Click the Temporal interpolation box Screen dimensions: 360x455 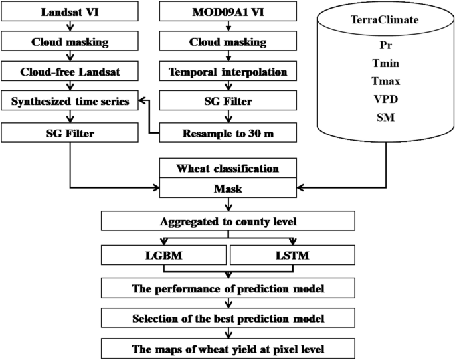pos(228,72)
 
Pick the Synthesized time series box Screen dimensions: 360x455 pos(70,102)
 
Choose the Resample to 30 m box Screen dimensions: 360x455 pos(228,133)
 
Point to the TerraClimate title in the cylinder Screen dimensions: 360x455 pos(384,21)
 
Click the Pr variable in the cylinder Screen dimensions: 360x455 pos(384,46)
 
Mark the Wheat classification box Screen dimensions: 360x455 pos(228,168)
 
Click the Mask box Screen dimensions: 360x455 pos(228,189)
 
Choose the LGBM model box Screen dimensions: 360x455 pos(165,255)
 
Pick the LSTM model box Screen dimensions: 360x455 pos(292,255)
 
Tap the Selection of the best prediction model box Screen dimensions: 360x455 pos(228,319)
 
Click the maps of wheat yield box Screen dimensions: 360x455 pos(228,349)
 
